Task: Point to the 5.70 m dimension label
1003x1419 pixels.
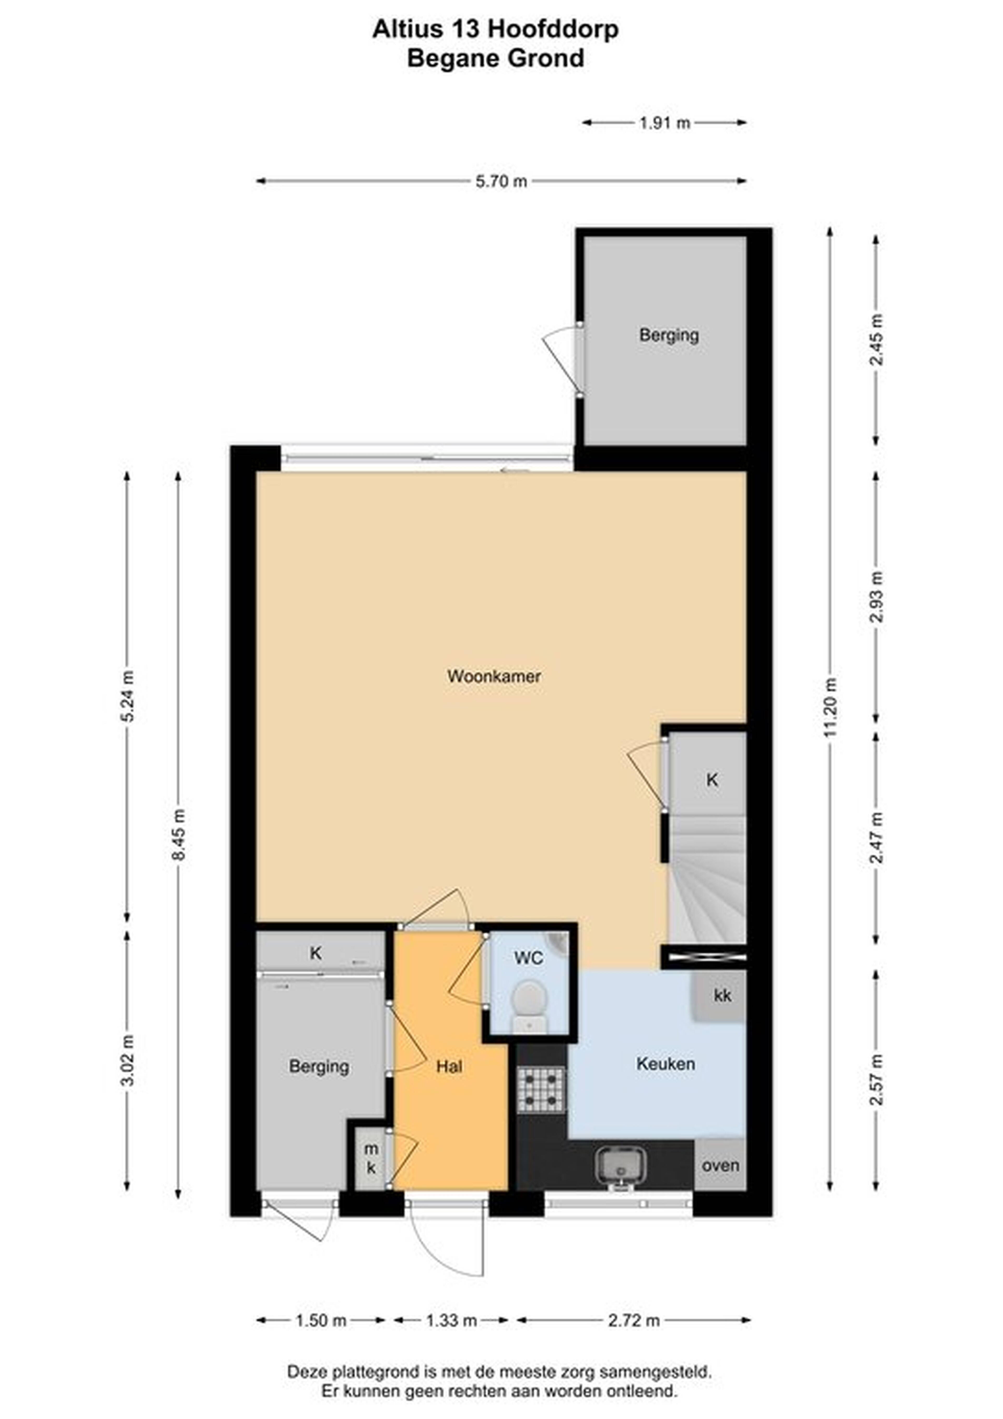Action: coord(501,181)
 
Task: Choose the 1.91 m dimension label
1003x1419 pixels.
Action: coord(664,123)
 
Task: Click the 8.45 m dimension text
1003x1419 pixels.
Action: coord(179,835)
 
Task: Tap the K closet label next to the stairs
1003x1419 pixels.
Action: coord(712,780)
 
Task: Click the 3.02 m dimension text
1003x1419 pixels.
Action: coord(127,1060)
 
